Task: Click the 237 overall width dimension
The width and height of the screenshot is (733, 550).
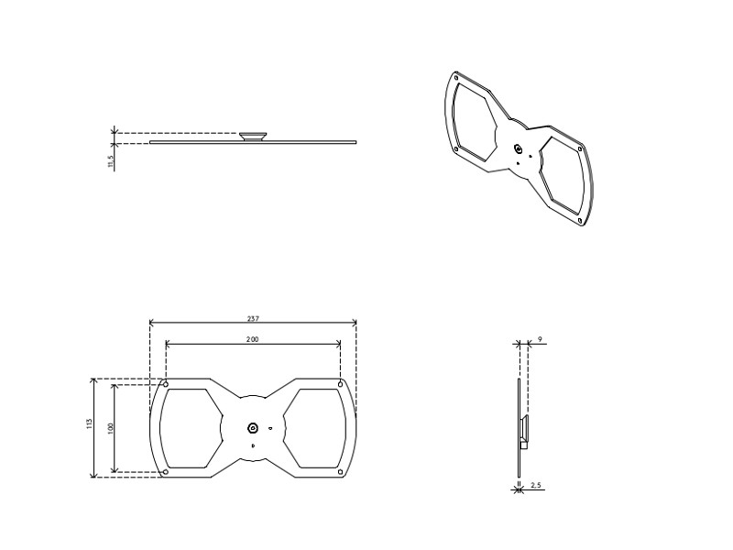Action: tap(252, 318)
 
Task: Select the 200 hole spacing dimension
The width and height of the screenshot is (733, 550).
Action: tap(252, 339)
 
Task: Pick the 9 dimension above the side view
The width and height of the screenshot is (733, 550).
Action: tap(540, 339)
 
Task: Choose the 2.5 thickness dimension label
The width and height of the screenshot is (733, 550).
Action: tap(536, 484)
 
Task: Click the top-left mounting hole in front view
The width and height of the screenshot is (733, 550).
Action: tap(165, 383)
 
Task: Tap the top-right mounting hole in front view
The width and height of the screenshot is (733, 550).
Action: tap(340, 383)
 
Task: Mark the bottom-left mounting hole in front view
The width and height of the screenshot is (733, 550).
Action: tap(165, 472)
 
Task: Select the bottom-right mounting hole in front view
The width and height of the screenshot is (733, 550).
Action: tap(340, 472)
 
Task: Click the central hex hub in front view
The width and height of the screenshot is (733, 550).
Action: tap(253, 427)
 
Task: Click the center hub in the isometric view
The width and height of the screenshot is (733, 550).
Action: tap(519, 149)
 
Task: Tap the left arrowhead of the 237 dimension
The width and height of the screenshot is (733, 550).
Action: tap(151, 323)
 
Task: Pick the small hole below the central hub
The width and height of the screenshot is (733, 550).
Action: tap(253, 444)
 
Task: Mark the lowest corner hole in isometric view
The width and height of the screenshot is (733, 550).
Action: tap(581, 220)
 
